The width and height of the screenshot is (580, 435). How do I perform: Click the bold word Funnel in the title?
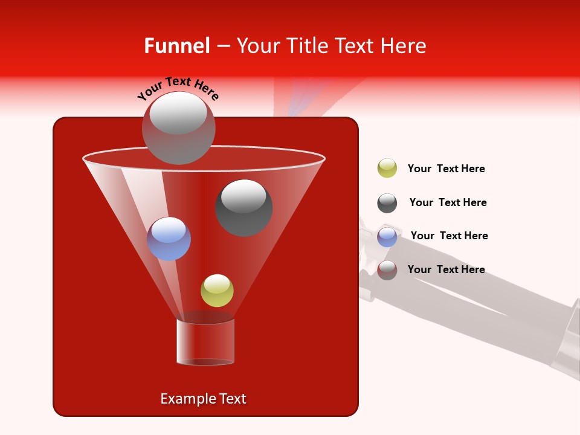point(176,46)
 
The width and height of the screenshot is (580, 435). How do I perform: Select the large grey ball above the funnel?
point(178,128)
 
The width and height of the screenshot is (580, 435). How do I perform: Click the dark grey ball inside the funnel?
point(243,208)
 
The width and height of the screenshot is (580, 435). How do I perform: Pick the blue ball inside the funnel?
point(169,239)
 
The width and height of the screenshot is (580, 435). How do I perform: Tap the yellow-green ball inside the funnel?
point(217,291)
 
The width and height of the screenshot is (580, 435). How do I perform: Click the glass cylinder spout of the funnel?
point(205,341)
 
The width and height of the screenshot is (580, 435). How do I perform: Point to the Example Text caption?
point(203,399)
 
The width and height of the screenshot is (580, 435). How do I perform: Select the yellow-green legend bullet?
point(387,168)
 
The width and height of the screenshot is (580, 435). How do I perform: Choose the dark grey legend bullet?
point(387,203)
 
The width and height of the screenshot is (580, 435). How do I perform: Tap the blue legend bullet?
point(387,236)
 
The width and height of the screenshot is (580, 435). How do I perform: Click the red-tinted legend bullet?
point(387,270)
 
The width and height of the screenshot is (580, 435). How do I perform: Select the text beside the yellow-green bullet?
point(446,169)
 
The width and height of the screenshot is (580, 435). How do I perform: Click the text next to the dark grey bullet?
point(448,202)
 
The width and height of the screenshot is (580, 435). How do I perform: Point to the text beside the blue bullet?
point(449,236)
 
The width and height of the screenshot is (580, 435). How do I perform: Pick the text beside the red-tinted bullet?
point(446,269)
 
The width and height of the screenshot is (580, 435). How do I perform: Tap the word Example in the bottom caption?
point(185,399)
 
